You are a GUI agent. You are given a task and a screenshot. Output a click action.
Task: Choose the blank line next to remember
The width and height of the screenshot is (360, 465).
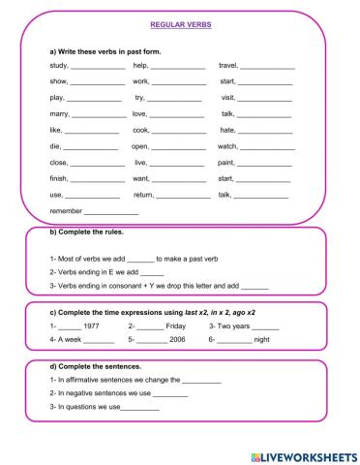coord(111,211)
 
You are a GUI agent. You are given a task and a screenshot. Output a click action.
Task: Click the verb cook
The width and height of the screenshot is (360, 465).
coord(141,130)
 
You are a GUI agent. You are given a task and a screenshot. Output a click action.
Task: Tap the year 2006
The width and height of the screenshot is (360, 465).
coord(177,342)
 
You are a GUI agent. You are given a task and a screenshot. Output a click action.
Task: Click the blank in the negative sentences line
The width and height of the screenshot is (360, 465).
coord(170,395)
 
